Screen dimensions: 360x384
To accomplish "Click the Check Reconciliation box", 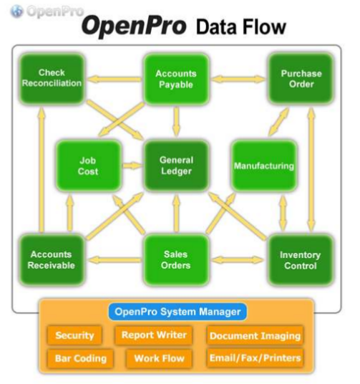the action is coord(52,79).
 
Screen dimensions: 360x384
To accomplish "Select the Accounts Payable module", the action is coord(176,79).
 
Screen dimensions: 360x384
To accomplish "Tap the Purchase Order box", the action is coord(301,79).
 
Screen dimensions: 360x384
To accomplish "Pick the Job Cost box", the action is coord(89,165).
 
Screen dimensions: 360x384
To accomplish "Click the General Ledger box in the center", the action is coord(176,165).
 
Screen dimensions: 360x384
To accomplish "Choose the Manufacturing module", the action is coord(264,165).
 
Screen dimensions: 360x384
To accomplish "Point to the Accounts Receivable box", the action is coord(52,260).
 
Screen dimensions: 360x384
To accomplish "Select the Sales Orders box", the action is coord(176,260).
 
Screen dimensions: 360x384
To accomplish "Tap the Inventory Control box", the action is coord(301,260).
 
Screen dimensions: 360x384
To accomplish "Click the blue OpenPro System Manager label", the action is coord(177,312).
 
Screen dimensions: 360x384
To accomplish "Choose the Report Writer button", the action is coord(154,335).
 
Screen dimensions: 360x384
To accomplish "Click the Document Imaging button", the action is coord(255,335).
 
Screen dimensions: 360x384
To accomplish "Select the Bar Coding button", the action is coord(80,358).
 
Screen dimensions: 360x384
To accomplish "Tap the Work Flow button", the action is coord(159,358).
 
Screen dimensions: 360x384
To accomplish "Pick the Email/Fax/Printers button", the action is coord(255,358).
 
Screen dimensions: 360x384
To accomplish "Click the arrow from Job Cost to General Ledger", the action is coord(132,165).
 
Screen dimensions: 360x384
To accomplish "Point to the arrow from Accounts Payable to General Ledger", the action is coord(176,122).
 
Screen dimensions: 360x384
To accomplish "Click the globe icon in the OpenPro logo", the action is coord(16,11).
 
